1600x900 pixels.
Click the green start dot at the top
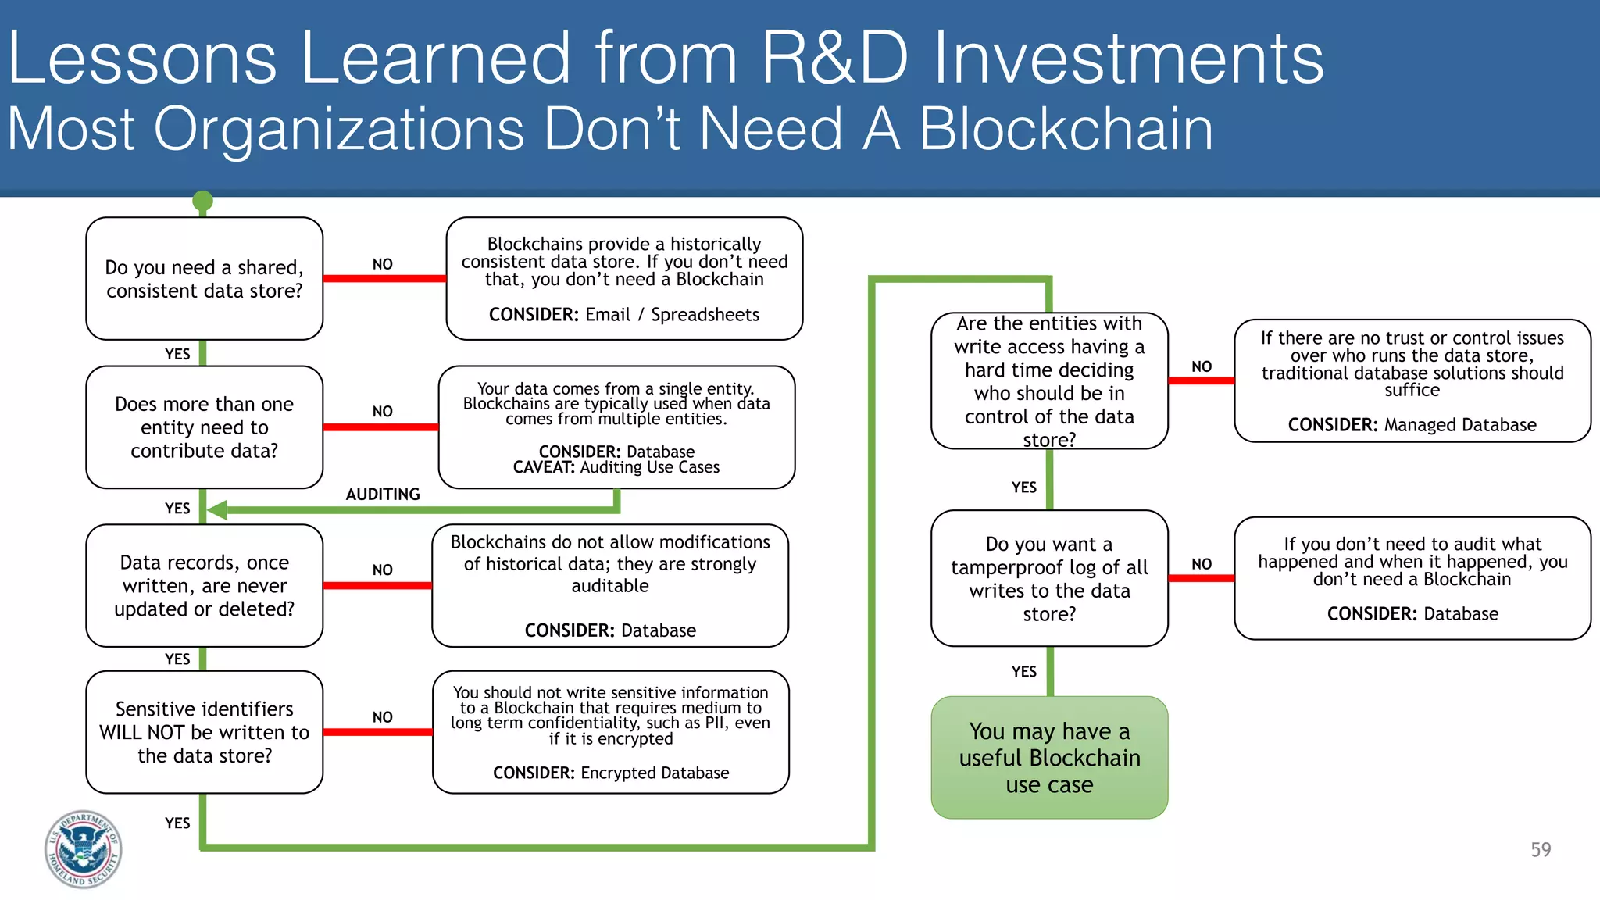tap(203, 202)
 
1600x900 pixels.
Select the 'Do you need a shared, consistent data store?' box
tap(204, 279)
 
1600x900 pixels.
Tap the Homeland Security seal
tap(83, 848)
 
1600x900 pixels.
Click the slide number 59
tap(1540, 849)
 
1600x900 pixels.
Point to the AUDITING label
tap(383, 495)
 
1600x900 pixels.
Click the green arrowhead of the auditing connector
tap(217, 510)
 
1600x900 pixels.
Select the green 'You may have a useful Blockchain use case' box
tap(1048, 757)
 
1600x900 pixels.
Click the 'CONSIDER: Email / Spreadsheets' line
tap(623, 315)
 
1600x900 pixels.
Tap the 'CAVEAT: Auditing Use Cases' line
tap(616, 467)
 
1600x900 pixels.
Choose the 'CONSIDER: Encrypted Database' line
tap(610, 773)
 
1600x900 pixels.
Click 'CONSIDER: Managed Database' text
tap(1411, 425)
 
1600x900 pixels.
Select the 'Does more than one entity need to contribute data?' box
tap(204, 427)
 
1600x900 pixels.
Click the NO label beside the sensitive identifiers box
tap(382, 717)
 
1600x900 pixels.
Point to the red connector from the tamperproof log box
tap(1201, 578)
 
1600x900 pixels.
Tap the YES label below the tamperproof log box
tap(1023, 672)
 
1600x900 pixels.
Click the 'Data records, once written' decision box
tap(204, 585)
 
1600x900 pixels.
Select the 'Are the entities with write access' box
tap(1048, 381)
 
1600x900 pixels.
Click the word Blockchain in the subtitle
tap(1066, 129)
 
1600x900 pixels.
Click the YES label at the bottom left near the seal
tap(177, 823)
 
